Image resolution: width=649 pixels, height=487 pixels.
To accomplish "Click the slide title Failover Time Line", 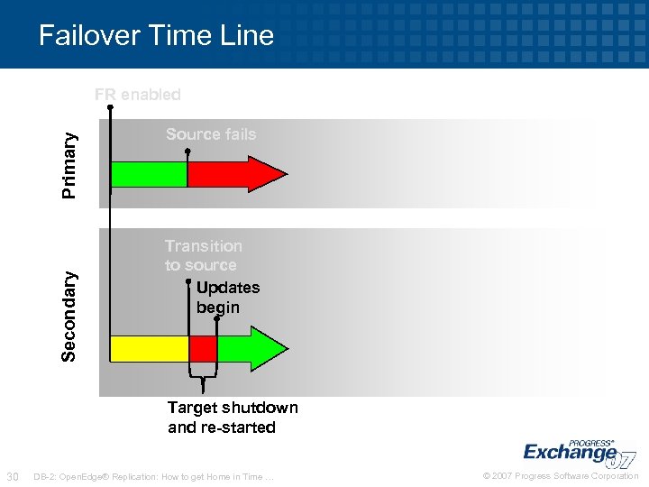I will coord(156,35).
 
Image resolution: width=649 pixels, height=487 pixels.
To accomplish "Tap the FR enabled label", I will coord(138,95).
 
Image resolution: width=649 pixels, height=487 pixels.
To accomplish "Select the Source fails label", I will coord(211,134).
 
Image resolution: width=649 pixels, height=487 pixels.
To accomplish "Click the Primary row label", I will coord(69,163).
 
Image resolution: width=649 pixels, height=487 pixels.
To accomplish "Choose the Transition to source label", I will coord(203,255).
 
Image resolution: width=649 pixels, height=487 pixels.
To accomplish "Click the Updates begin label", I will coord(227,298).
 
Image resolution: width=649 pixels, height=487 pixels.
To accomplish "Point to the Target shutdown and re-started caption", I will coord(233,418).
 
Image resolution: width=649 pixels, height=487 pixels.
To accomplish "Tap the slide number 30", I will coord(13,476).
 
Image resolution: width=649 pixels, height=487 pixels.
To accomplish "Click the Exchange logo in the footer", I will coord(577,451).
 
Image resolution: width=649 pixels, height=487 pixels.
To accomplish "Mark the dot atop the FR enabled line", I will coord(110,107).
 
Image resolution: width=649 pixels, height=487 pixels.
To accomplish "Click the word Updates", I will coord(227,288).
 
